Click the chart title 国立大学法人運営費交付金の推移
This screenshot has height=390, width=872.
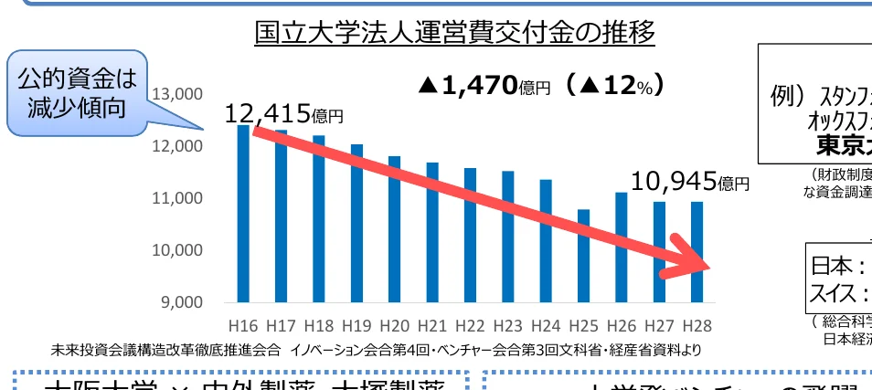(x=455, y=33)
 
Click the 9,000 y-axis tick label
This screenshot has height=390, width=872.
(x=179, y=301)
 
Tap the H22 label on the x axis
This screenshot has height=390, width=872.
(x=469, y=326)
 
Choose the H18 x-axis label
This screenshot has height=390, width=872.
(x=318, y=326)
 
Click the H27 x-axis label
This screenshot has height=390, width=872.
(x=658, y=326)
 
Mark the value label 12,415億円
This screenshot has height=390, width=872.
(x=283, y=113)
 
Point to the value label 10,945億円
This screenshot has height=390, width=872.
(x=690, y=183)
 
